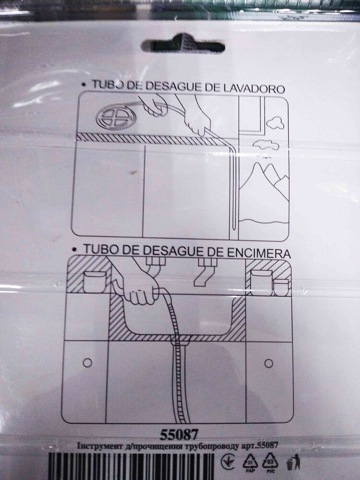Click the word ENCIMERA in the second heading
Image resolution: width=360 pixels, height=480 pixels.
(x=258, y=253)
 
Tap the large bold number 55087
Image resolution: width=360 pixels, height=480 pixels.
(x=180, y=434)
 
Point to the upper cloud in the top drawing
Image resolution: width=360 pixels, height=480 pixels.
(x=276, y=123)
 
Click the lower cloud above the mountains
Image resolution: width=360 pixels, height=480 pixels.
(x=266, y=144)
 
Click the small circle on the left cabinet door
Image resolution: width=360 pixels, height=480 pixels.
(x=87, y=363)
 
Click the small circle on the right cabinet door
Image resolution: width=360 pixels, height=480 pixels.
(x=268, y=363)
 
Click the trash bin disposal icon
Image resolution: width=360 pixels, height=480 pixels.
(x=290, y=464)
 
